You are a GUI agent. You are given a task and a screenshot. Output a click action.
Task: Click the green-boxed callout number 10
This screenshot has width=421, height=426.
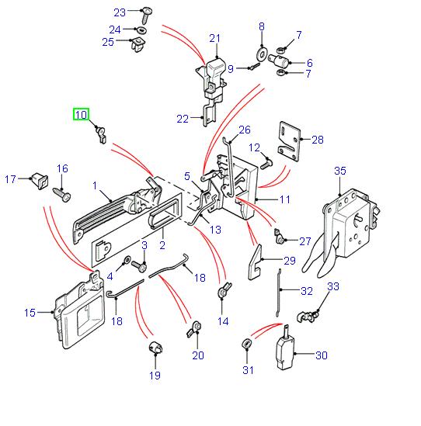pos(81,116)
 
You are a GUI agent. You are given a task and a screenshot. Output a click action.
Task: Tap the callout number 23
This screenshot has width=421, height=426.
pos(119,12)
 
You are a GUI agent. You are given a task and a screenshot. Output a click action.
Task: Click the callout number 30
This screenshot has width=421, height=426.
pos(321,356)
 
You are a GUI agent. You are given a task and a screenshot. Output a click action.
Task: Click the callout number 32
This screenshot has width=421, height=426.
pos(306,293)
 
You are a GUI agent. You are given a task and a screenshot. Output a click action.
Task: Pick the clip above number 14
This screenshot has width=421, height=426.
pos(222,293)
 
